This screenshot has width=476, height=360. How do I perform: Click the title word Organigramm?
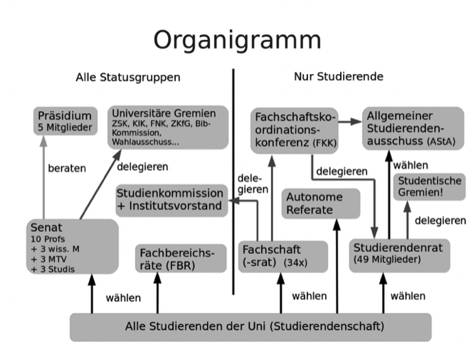click(x=238, y=38)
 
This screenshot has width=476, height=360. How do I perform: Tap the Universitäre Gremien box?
click(x=168, y=127)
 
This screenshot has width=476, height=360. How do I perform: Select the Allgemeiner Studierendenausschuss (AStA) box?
click(x=412, y=127)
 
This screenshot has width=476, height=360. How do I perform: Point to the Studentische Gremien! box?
click(x=430, y=187)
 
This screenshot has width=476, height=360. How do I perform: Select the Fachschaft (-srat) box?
click(x=283, y=256)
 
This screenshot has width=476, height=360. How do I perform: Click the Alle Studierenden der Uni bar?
click(x=250, y=327)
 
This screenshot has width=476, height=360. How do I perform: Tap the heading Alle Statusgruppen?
click(x=128, y=77)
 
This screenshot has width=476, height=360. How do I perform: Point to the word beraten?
click(x=66, y=169)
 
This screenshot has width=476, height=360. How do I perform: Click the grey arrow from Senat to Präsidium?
click(x=43, y=178)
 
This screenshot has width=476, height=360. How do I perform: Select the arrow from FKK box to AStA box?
click(x=349, y=122)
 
